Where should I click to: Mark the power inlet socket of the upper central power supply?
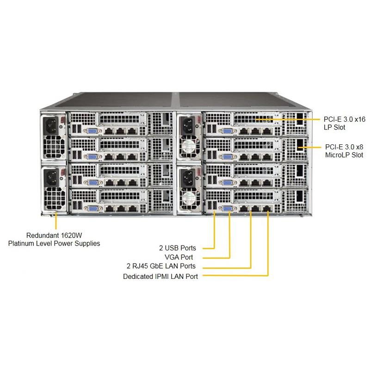(187, 124)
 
